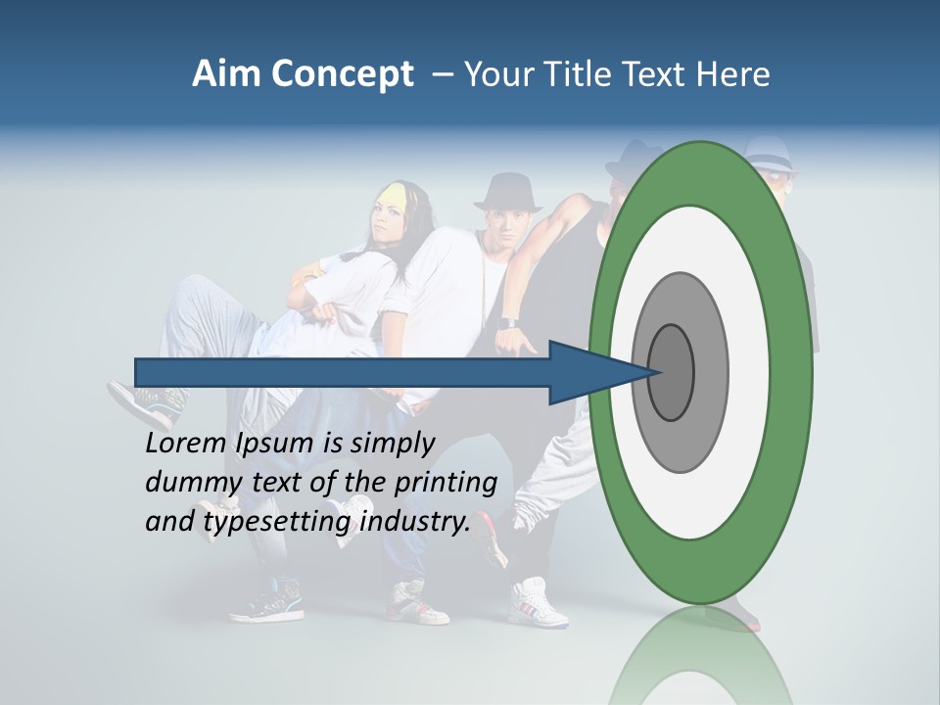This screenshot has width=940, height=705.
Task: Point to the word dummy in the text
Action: tap(187, 483)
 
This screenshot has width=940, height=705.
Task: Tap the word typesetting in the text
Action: tap(279, 522)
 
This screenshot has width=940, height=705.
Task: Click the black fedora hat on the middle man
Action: tap(507, 192)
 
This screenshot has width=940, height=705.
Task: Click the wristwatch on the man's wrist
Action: tap(507, 322)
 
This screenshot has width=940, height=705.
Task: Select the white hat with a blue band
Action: tap(768, 155)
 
